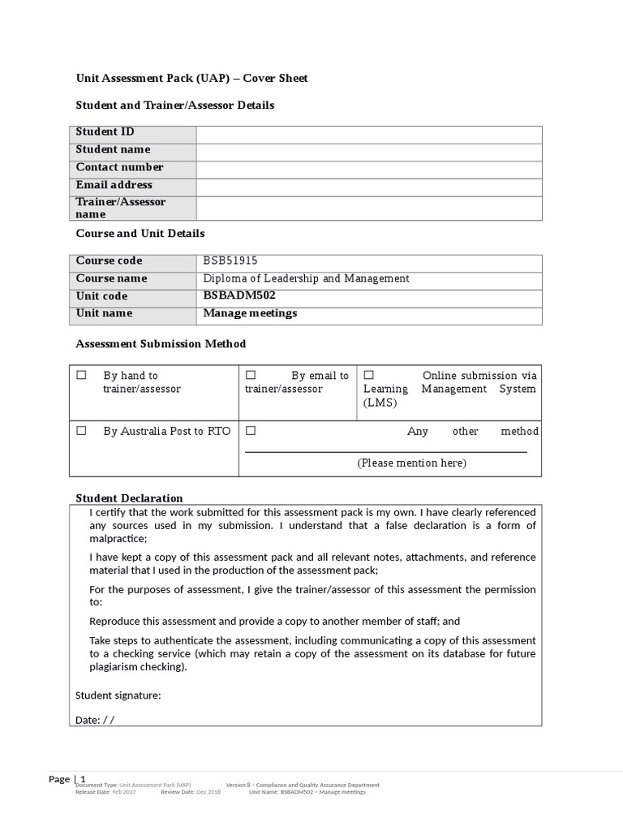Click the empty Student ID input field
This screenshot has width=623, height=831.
369,135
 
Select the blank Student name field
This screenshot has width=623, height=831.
369,153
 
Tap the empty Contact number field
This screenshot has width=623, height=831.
369,170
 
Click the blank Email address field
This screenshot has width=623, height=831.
369,187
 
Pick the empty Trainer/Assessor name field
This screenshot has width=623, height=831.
369,209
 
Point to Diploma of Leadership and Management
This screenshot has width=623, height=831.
306,278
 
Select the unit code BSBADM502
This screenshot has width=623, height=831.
234,295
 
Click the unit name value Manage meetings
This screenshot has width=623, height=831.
250,313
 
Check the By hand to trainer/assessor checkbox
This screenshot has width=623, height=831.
81,376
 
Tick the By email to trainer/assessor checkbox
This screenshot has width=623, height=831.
251,375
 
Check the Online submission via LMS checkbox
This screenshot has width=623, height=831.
368,375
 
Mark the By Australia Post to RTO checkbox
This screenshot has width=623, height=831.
81,431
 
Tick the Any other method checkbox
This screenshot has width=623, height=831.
251,430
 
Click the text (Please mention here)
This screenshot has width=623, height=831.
411,463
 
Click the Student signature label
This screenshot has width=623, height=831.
118,695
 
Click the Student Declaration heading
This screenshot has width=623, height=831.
129,498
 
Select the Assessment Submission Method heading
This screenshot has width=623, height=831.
161,344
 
